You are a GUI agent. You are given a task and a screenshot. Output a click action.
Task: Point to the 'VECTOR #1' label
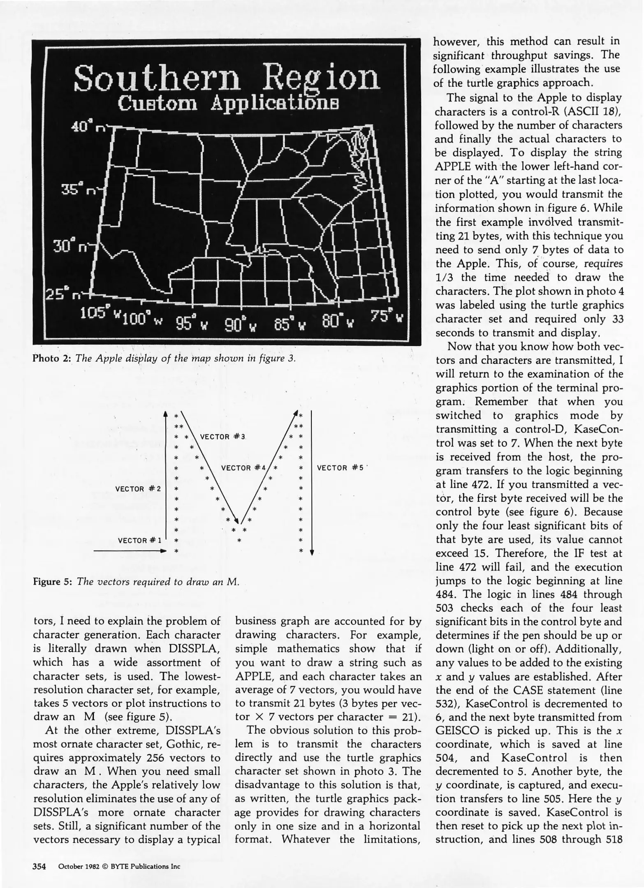click(x=140, y=540)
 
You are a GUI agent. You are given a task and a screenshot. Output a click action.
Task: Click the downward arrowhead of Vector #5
click(x=312, y=552)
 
